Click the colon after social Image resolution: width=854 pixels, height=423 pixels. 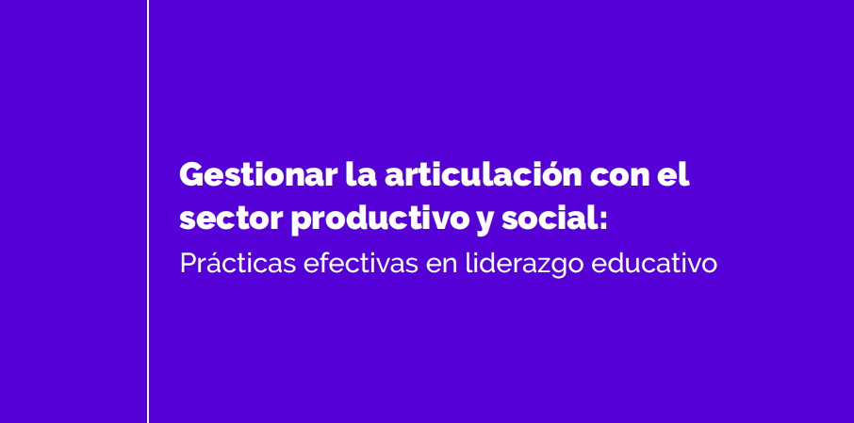(600, 220)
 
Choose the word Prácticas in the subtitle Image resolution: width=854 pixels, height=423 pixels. (238, 263)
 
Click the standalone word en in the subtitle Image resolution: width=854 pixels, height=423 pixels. (442, 267)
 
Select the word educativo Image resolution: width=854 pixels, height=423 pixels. (654, 264)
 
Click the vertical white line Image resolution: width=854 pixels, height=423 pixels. (148, 211)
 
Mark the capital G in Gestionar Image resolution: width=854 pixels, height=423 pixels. (192, 175)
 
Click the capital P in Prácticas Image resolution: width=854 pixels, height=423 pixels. (188, 264)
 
